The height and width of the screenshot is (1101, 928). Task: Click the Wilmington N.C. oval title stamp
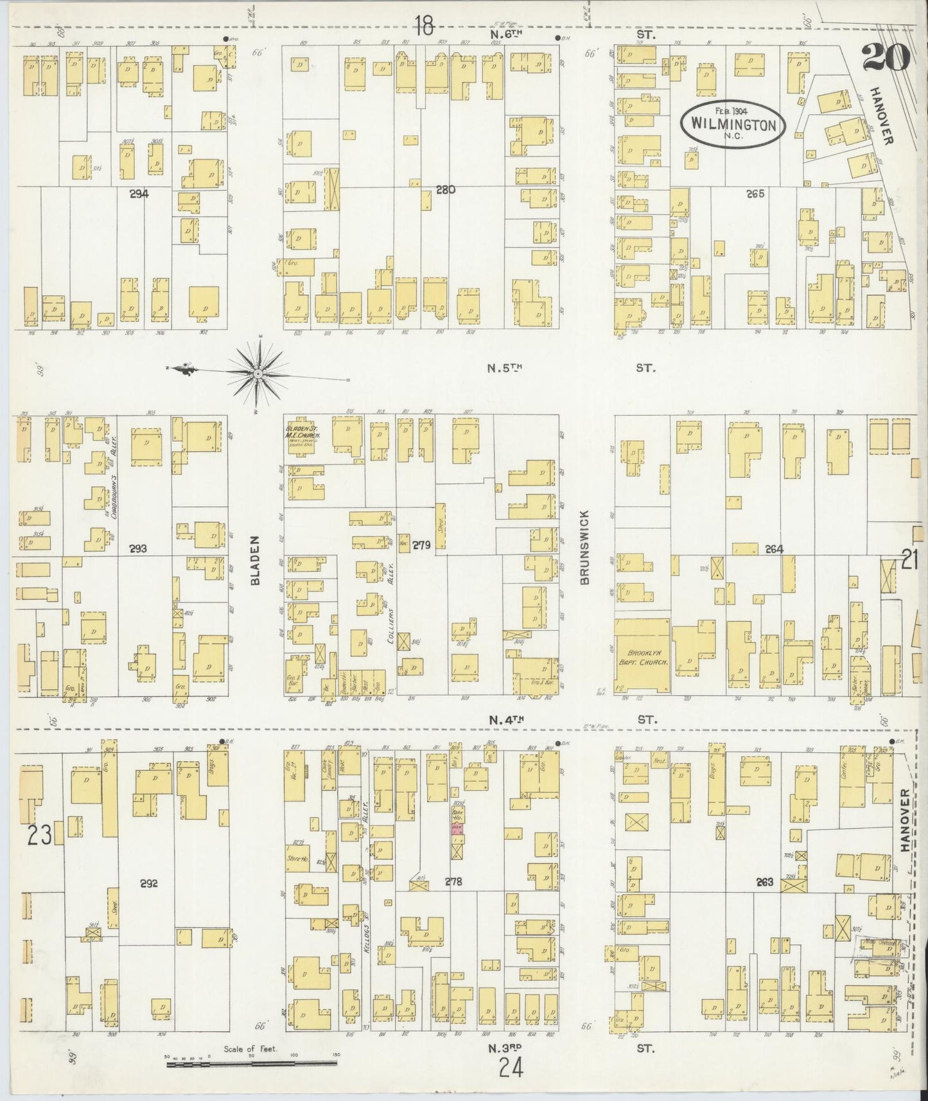pos(733,123)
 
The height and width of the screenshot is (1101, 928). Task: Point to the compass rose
pos(258,372)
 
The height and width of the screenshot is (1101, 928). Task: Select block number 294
pos(139,193)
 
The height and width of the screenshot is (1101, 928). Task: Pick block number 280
pos(445,189)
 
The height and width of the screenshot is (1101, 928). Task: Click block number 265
pos(755,193)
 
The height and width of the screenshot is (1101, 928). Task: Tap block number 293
pos(137,549)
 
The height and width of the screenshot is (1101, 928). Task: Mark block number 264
pos(775,549)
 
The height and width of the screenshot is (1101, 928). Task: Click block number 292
pos(149,883)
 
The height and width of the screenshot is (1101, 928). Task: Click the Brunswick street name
pos(584,547)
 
